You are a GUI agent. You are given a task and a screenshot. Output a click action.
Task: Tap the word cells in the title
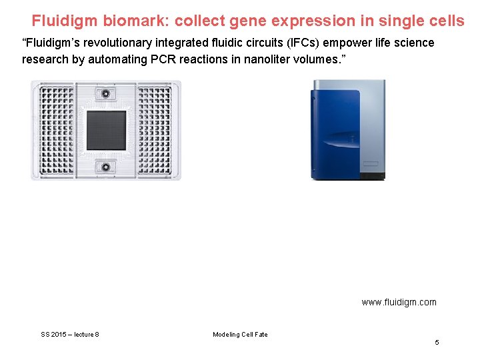tap(445, 21)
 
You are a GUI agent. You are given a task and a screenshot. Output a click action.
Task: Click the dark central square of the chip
tap(106, 130)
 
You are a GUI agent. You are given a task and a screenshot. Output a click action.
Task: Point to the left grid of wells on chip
tap(53, 130)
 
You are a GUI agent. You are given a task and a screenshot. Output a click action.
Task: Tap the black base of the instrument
tap(372, 176)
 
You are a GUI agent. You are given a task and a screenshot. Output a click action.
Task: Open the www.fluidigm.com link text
tap(399, 302)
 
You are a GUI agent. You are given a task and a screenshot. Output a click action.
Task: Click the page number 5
tap(437, 342)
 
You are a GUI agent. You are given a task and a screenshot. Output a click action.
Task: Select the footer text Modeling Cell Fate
tap(240, 334)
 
